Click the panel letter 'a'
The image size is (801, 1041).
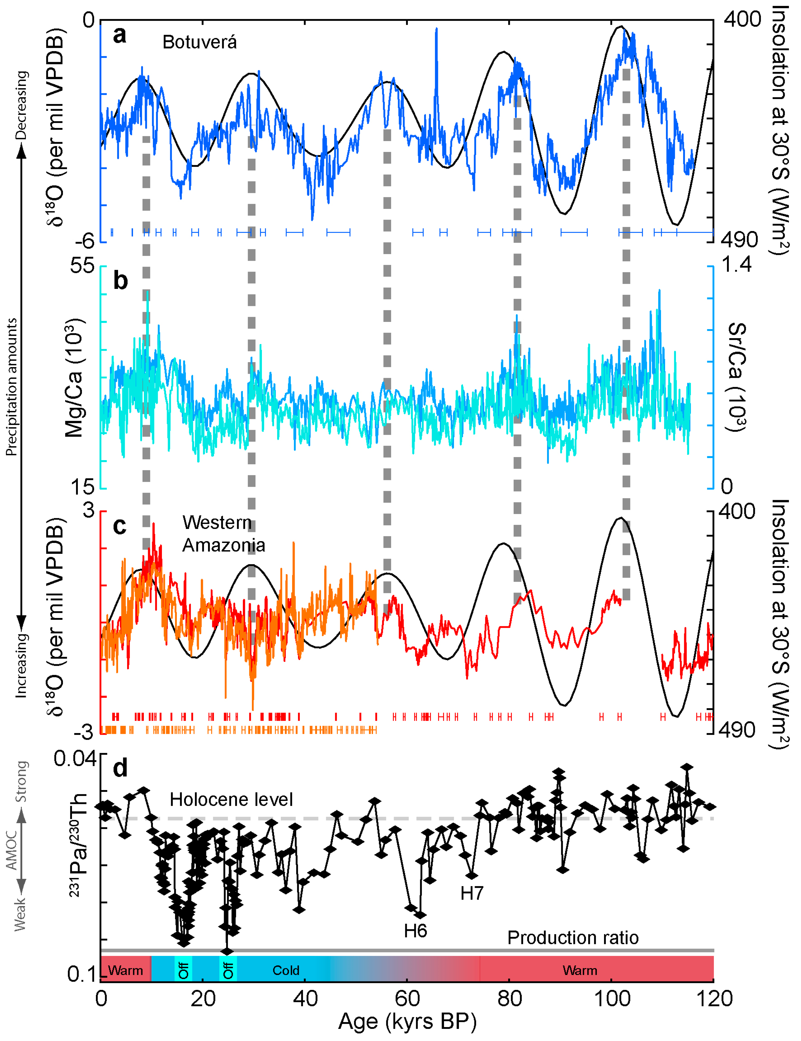pyautogui.click(x=120, y=35)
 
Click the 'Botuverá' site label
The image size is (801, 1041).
pyautogui.click(x=199, y=42)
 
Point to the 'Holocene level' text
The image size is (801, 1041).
pyautogui.click(x=231, y=799)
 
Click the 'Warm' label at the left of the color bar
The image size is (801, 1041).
pyautogui.click(x=125, y=970)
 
